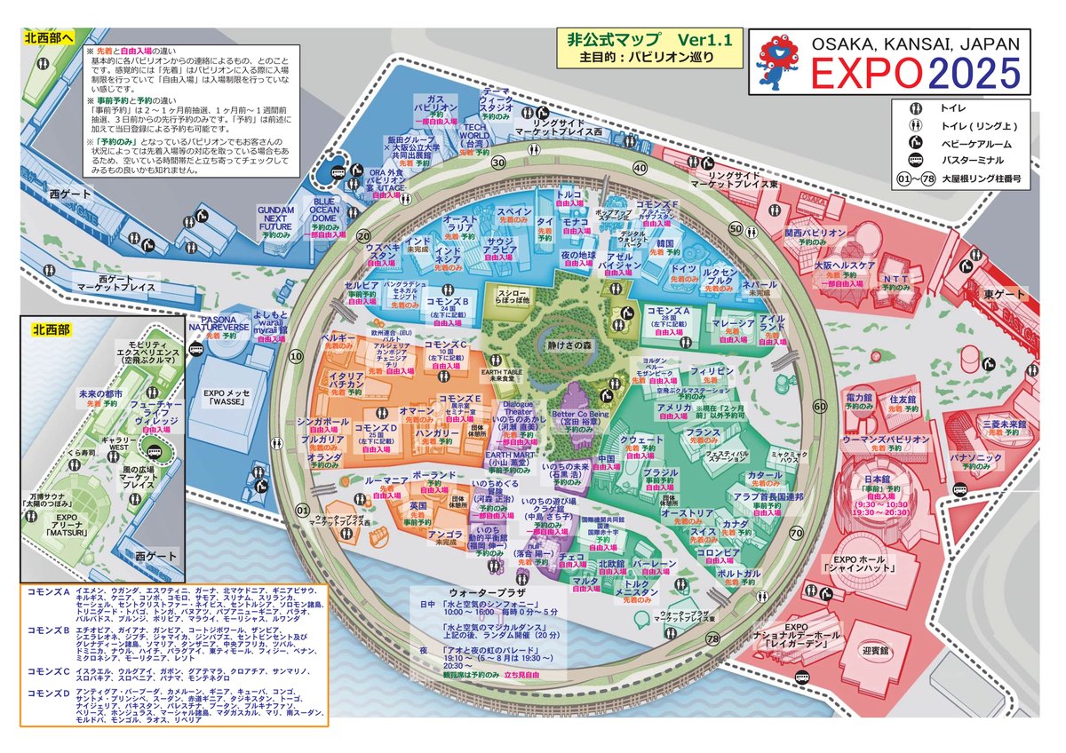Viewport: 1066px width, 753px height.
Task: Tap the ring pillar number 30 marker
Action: click(x=498, y=162)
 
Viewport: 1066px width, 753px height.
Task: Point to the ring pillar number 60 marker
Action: click(x=819, y=406)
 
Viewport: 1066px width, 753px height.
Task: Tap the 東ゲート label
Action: click(x=1006, y=294)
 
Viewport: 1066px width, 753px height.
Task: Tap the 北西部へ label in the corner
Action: click(x=51, y=38)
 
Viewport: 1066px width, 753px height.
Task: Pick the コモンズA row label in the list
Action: click(x=49, y=591)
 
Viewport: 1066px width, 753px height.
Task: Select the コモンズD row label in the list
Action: click(x=49, y=692)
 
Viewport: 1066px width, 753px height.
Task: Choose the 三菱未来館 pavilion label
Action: click(x=1005, y=425)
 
